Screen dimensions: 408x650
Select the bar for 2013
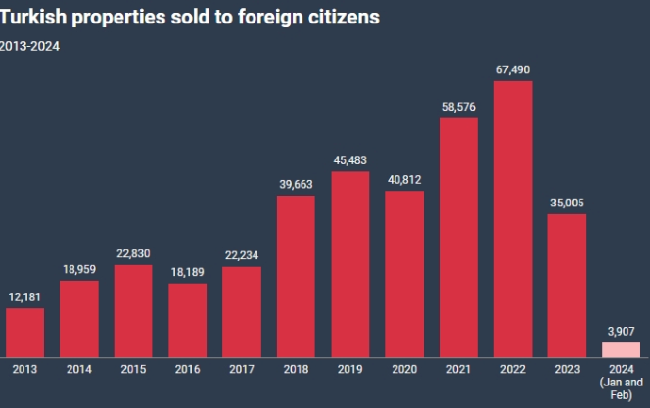[25, 333]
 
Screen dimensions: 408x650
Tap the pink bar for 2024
[621, 349]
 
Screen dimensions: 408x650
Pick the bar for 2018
[296, 276]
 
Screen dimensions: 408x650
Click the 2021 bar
[458, 238]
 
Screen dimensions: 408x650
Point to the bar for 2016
[188, 320]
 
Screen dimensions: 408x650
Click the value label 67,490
[513, 69]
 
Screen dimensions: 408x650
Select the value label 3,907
[621, 331]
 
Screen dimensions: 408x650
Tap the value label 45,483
[350, 160]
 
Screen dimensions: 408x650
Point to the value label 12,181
[25, 296]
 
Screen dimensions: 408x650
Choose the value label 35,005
[567, 203]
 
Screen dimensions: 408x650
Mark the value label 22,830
[133, 253]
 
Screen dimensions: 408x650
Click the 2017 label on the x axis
[242, 371]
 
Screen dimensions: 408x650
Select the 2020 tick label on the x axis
[404, 371]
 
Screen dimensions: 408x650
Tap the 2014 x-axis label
[79, 371]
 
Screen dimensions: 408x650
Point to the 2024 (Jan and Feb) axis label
[621, 382]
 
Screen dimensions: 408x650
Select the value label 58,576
[458, 107]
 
